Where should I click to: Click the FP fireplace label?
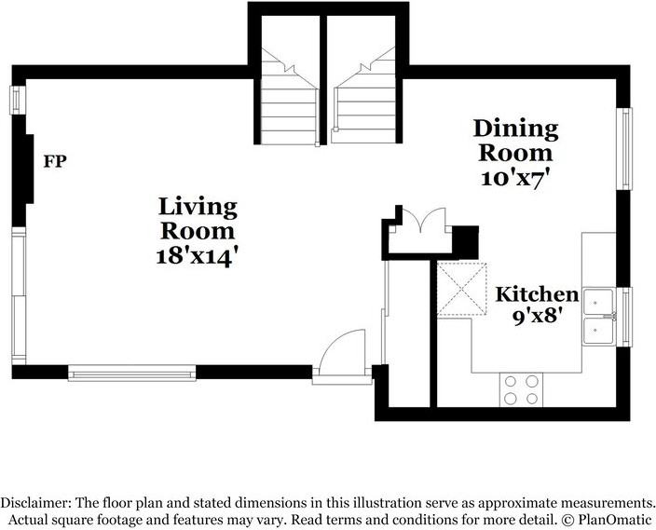point(55,161)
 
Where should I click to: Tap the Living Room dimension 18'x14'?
point(198,256)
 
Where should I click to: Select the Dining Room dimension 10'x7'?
point(515,178)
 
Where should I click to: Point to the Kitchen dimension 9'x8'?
point(537,316)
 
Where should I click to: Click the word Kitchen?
point(537,294)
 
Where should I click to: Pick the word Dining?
point(516,129)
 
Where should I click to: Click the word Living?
point(198,207)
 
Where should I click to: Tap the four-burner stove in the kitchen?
point(521,390)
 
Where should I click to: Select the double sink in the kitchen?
point(599,317)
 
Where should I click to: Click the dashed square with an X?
point(462,289)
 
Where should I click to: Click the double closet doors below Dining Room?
point(421,219)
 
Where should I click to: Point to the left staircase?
point(289,98)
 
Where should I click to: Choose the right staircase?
point(364,96)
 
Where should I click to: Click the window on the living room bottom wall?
point(132,373)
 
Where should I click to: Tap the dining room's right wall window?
point(625,149)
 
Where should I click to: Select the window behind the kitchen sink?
point(625,317)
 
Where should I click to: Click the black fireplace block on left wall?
point(24,169)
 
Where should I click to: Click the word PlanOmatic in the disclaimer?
point(614,520)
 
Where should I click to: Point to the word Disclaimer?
point(35,502)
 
